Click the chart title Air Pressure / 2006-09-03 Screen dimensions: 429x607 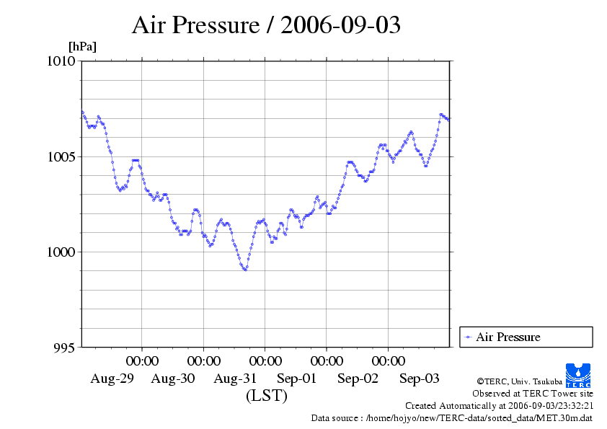coord(266,25)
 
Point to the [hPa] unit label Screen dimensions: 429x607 coord(82,47)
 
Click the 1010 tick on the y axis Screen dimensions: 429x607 coord(61,61)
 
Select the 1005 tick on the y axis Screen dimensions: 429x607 coord(61,156)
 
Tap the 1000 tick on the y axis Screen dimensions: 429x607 coord(61,252)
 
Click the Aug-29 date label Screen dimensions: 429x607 coord(112,379)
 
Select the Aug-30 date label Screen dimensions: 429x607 coord(173,379)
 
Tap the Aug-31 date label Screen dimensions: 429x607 coord(235,379)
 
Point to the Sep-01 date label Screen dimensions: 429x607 coord(296,379)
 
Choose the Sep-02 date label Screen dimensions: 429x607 coord(358,379)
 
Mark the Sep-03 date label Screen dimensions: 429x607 coord(420,379)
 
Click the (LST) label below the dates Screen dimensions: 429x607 coord(266,396)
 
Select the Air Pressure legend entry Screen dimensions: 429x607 coord(508,337)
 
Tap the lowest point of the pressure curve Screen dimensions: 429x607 coord(245,269)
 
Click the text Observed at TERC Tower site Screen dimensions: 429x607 coord(532,394)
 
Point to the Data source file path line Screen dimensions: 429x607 coord(451,417)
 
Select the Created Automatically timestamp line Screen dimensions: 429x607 coord(499,406)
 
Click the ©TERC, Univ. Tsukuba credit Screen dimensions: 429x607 coord(519,381)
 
